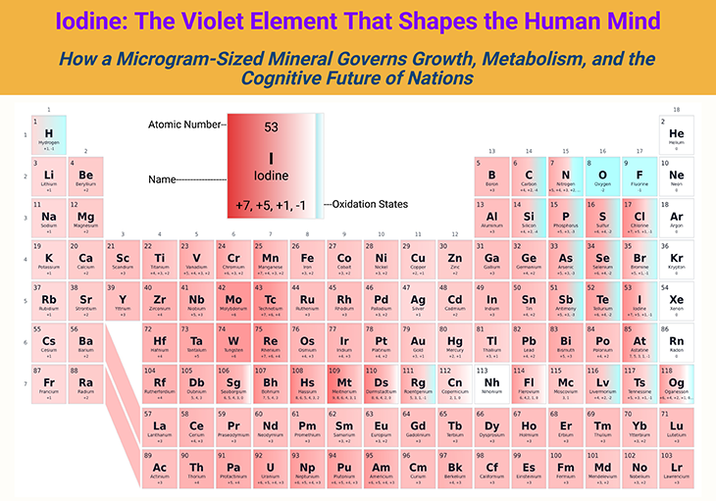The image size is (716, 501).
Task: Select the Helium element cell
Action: [676, 134]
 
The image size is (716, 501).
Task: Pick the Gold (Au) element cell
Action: [418, 342]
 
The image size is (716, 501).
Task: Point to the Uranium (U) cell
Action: [270, 469]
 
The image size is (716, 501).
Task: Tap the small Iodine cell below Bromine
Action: [639, 301]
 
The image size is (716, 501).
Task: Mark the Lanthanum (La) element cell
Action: [159, 426]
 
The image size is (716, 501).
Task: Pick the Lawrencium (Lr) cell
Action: [676, 469]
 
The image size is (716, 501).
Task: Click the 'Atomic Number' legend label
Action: [185, 125]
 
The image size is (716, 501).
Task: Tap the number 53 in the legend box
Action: [272, 127]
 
